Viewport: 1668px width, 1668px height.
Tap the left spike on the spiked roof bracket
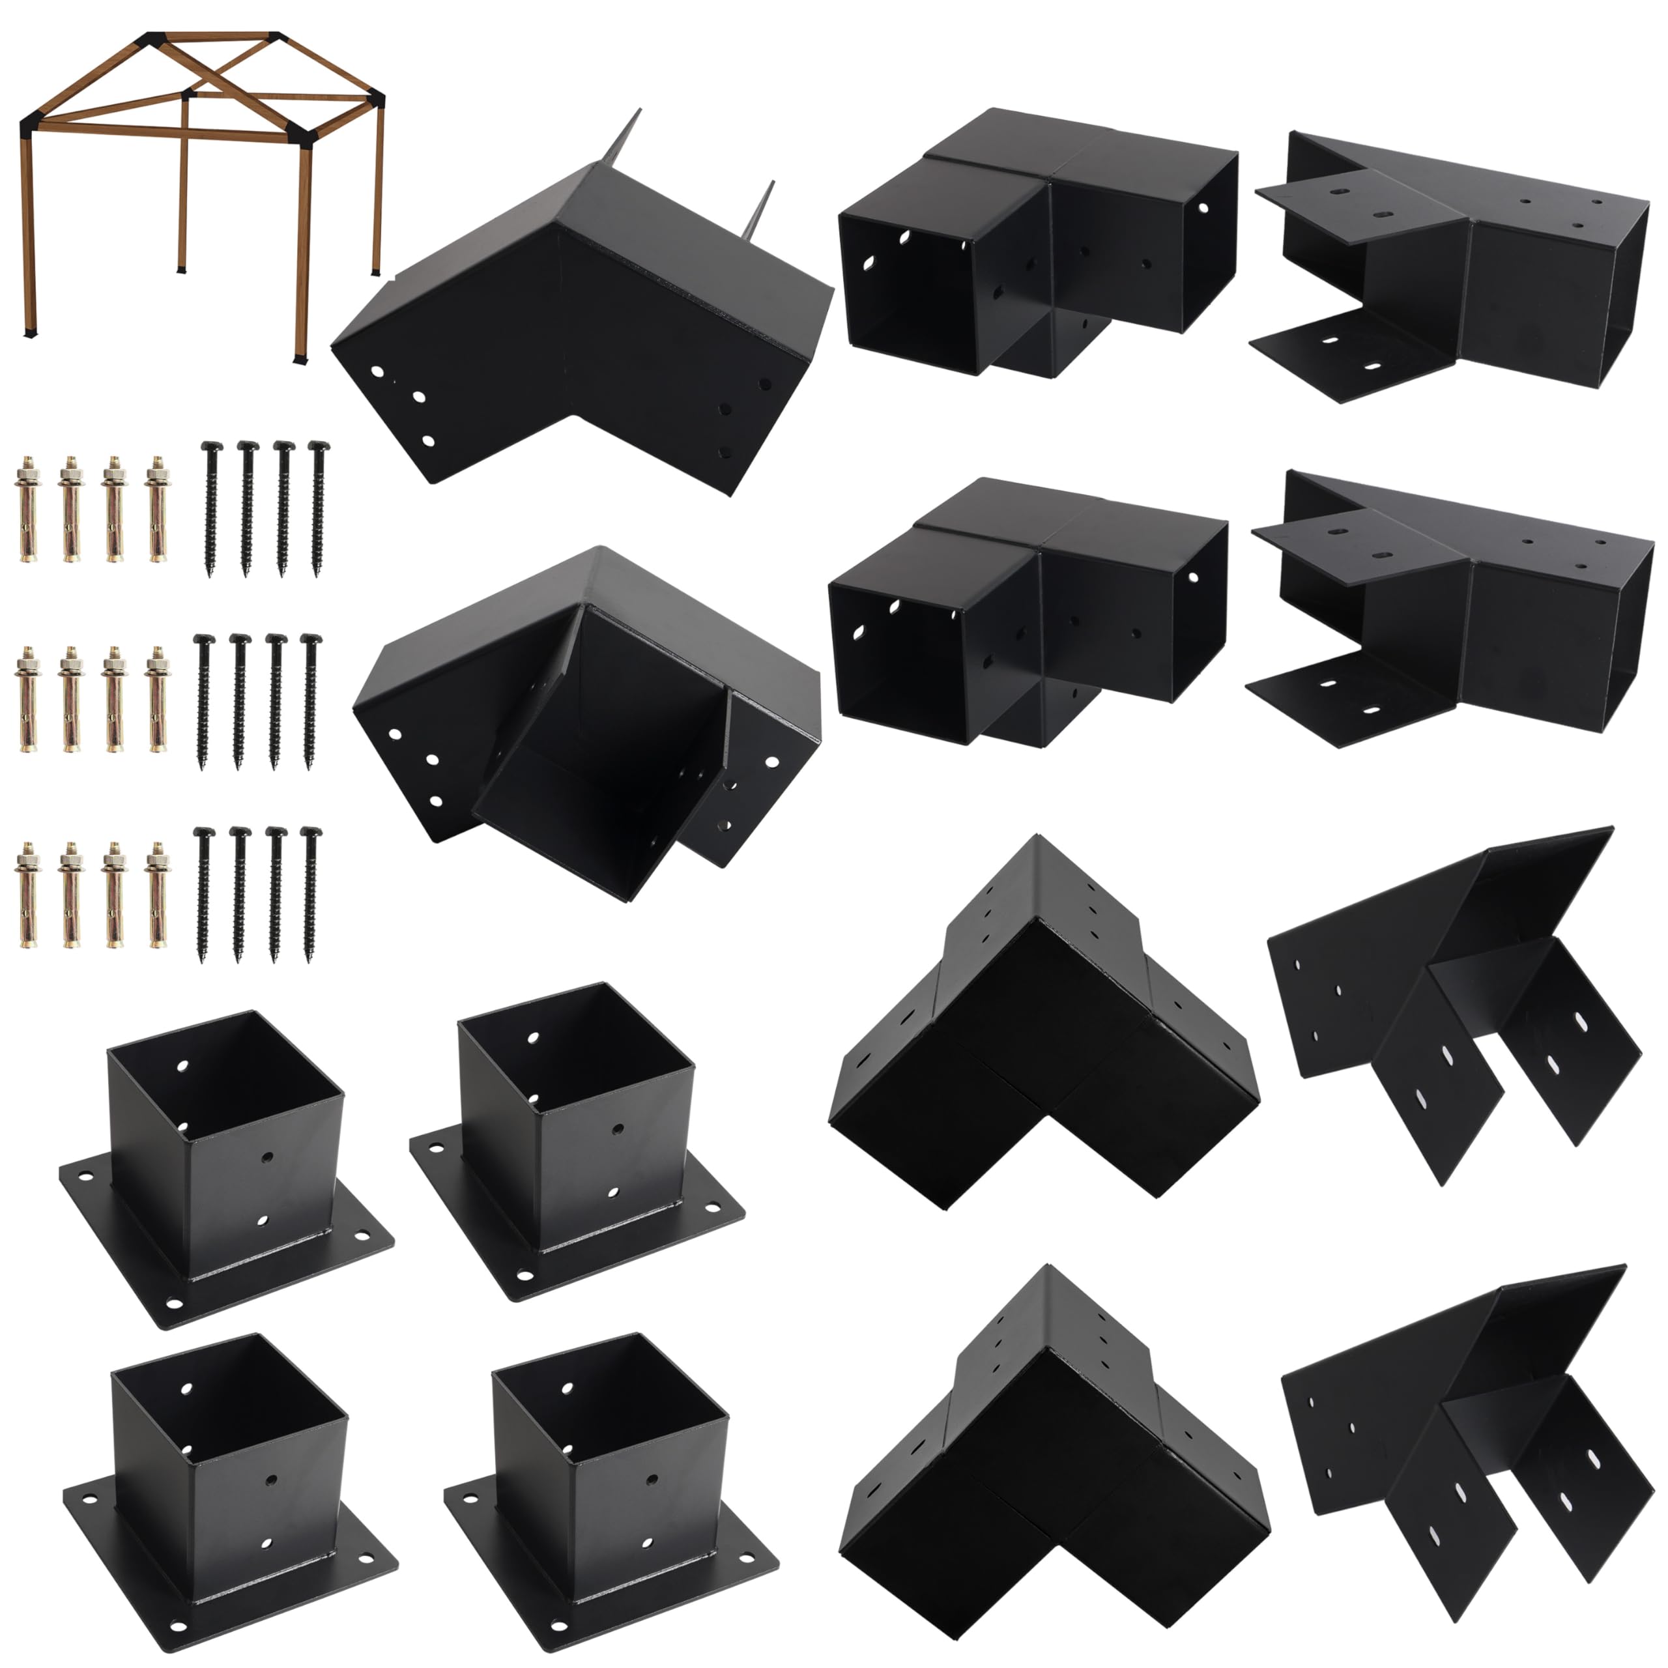click(629, 138)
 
